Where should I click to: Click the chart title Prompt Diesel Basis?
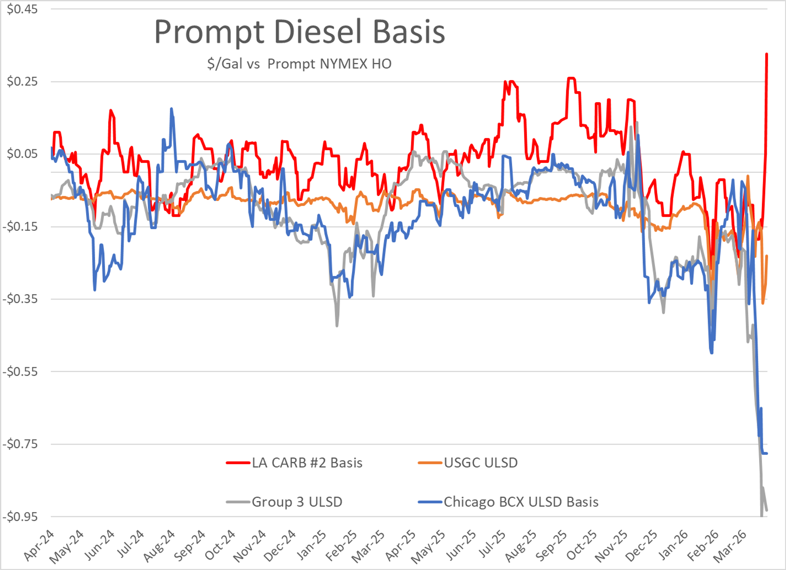coord(299,32)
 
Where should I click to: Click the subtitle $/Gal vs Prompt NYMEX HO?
coord(299,64)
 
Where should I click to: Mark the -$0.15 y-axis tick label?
coord(20,227)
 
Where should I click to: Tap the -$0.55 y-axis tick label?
coord(20,372)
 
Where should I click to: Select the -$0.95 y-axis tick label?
coord(20,517)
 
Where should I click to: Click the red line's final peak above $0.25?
coord(767,54)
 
